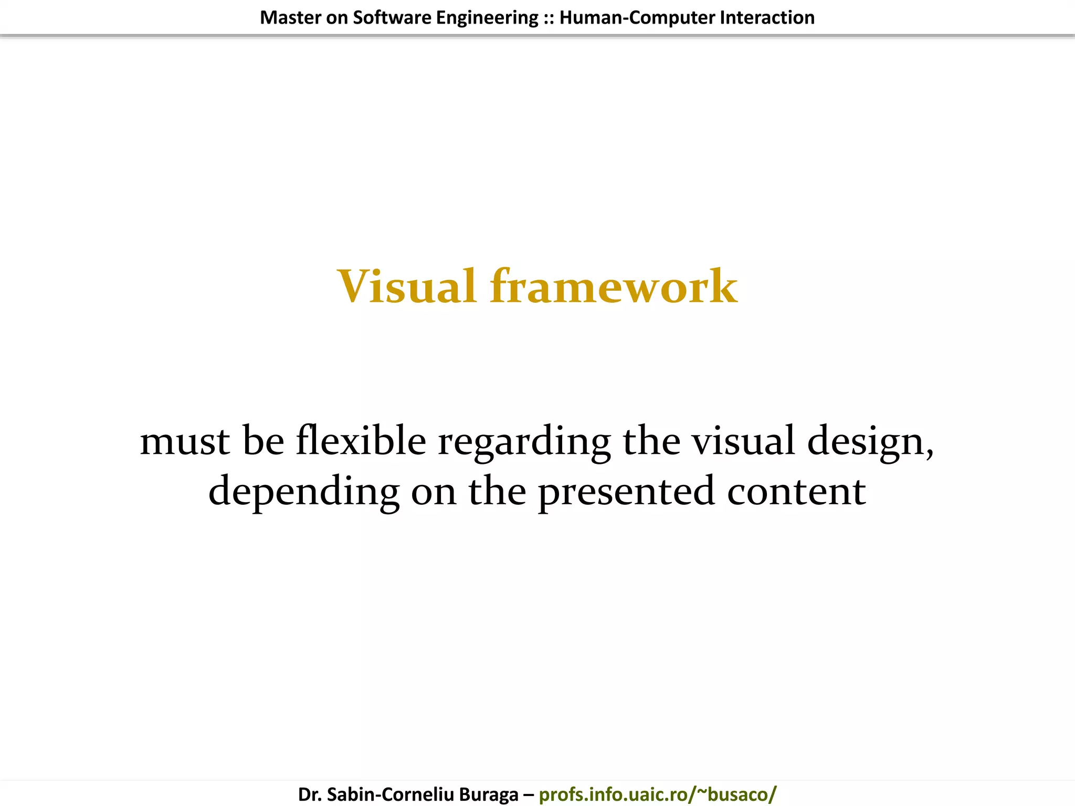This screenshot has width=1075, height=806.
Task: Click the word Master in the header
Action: [x=290, y=18]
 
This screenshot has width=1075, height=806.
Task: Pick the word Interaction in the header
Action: [x=767, y=18]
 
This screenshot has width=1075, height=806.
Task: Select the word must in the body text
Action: [x=185, y=441]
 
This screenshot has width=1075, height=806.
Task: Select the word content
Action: [x=796, y=491]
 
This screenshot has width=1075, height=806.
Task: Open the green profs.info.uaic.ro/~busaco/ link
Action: [x=657, y=794]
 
